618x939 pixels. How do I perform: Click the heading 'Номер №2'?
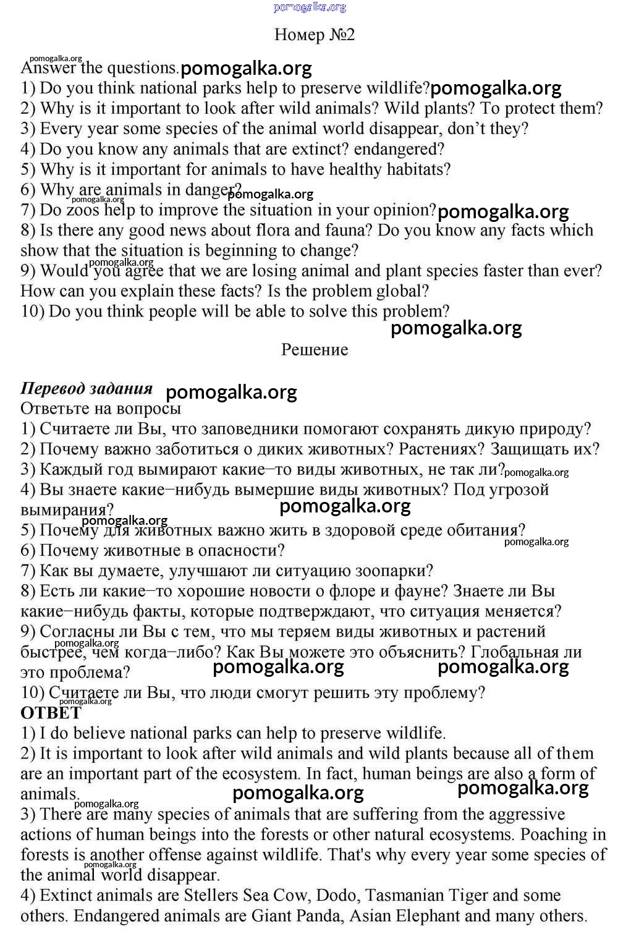coord(315,35)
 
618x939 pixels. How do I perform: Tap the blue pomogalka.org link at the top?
coord(310,7)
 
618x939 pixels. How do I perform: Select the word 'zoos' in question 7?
coord(82,210)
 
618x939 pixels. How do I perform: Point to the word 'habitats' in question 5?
coord(415,169)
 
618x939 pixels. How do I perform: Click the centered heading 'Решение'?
coord(315,350)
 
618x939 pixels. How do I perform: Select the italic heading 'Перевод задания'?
coord(87,388)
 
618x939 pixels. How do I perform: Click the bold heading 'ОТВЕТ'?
coord(51,713)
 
